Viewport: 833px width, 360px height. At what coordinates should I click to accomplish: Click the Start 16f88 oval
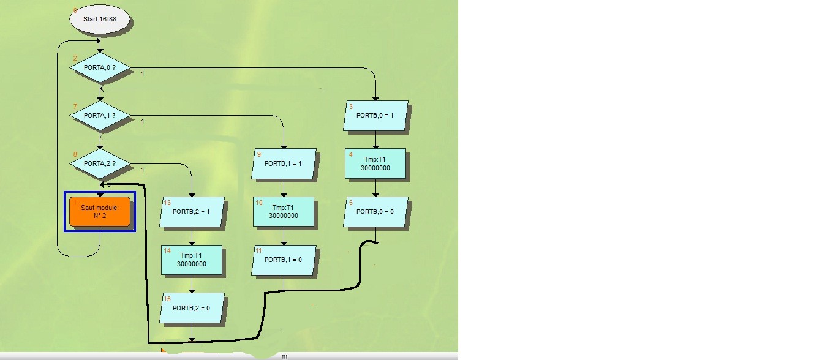coord(99,20)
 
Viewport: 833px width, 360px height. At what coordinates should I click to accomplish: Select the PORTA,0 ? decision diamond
coord(99,67)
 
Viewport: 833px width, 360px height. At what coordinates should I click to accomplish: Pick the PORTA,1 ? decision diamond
coord(99,115)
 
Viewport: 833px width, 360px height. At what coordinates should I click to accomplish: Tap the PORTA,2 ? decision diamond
coord(99,163)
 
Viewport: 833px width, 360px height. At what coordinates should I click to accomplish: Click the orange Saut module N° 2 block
coord(99,211)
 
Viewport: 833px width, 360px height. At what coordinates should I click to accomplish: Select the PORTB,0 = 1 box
coord(375,115)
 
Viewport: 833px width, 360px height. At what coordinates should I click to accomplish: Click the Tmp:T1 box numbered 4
coord(375,163)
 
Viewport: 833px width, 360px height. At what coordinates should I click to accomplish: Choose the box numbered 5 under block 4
coord(375,211)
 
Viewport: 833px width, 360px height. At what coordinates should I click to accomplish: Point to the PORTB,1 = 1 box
coord(283,163)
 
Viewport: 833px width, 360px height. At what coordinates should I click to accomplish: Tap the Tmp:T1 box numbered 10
coord(283,211)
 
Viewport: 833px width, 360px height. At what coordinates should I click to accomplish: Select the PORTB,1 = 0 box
coord(283,260)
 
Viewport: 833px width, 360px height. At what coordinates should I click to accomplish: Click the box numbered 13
coord(192,211)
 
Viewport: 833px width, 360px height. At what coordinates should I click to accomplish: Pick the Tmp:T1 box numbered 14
coord(192,260)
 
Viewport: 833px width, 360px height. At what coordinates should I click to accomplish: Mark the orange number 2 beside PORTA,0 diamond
coord(75,58)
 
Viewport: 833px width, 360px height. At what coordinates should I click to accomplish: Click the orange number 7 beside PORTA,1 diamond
coord(75,107)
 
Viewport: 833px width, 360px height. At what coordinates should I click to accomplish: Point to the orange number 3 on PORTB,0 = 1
coord(350,107)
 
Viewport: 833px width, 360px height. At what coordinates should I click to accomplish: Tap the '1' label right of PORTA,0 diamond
coord(143,73)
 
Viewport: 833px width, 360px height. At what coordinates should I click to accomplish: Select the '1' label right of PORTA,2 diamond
coord(143,170)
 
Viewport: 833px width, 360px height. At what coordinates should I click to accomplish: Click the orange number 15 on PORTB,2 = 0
coord(167,299)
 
